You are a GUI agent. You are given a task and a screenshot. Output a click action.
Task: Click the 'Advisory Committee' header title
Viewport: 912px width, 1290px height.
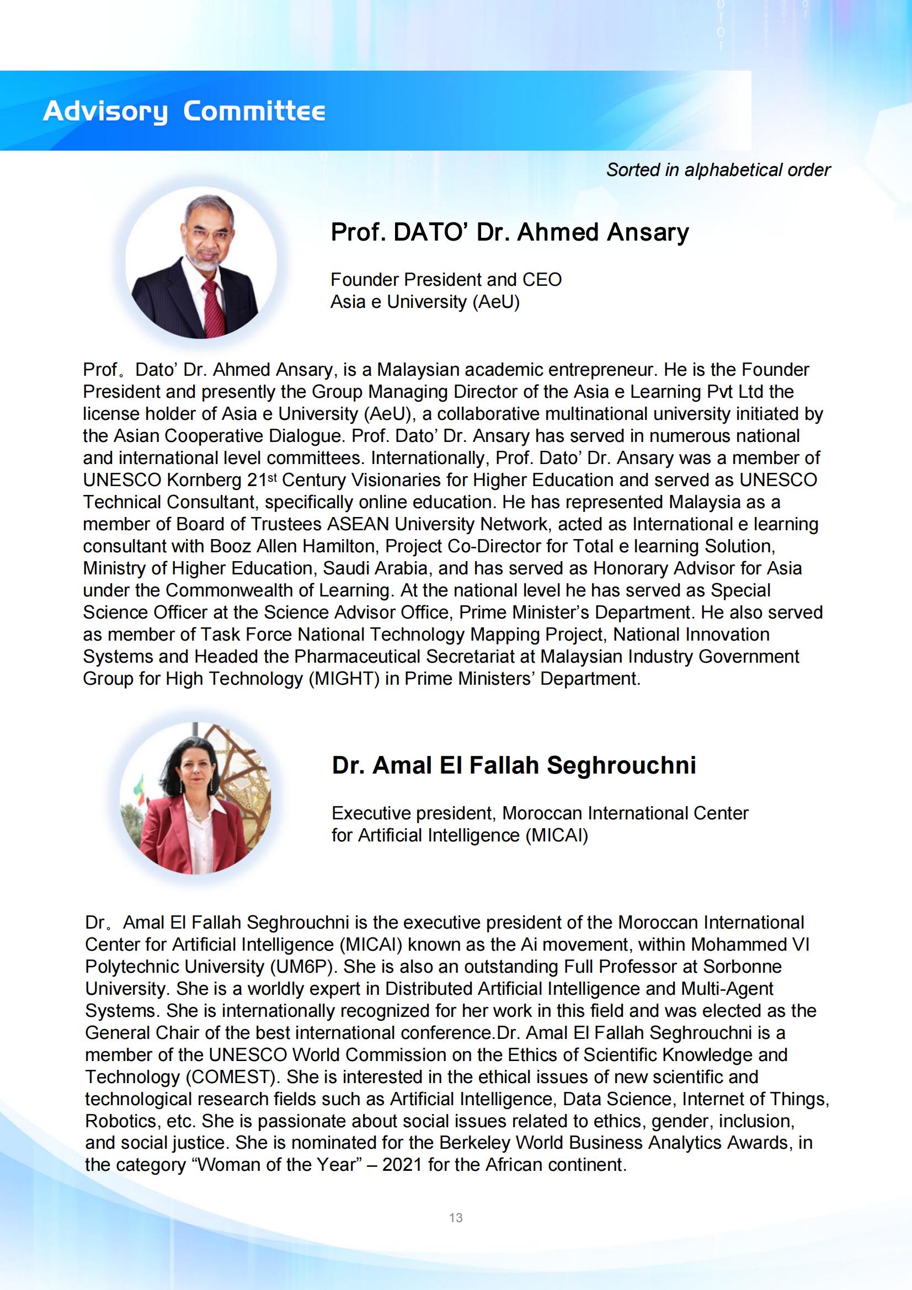coord(184,111)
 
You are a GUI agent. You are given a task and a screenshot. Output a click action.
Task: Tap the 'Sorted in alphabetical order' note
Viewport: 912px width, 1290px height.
coord(718,170)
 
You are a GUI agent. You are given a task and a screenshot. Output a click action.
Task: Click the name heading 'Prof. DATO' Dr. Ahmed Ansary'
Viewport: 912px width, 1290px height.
coord(509,232)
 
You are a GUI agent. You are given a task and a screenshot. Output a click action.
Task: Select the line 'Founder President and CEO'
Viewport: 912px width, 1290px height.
coord(446,279)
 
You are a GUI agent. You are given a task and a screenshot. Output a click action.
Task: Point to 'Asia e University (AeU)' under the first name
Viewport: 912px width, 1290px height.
coord(425,302)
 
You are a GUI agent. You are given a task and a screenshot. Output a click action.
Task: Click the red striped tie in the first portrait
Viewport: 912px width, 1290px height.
coord(212,306)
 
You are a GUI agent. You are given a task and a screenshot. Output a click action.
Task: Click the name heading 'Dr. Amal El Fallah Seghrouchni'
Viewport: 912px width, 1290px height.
coord(514,765)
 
